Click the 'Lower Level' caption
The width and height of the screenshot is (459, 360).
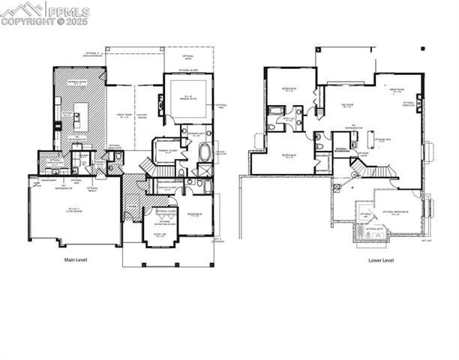pos(381,260)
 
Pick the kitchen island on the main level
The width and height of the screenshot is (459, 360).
pos(80,116)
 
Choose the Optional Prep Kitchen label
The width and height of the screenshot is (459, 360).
pos(50,160)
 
